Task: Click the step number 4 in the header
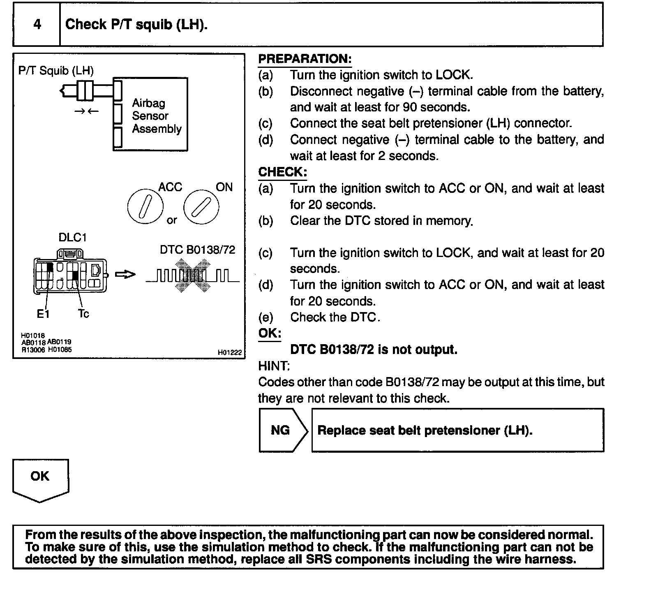pyautogui.click(x=37, y=24)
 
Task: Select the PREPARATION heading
pyautogui.click(x=305, y=59)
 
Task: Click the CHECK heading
pyautogui.click(x=282, y=172)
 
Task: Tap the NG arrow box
pyautogui.click(x=282, y=430)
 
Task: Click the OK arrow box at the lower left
pyautogui.click(x=40, y=479)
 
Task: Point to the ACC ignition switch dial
pyautogui.click(x=145, y=206)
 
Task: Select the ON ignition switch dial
pyautogui.click(x=201, y=206)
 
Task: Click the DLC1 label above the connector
pyautogui.click(x=73, y=238)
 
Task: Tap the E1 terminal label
pyautogui.click(x=43, y=314)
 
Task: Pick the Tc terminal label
pyautogui.click(x=83, y=314)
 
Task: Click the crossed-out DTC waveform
pyautogui.click(x=192, y=275)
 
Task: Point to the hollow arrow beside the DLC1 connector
pyautogui.click(x=125, y=275)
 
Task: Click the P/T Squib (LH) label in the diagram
pyautogui.click(x=56, y=71)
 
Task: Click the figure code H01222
pyautogui.click(x=230, y=352)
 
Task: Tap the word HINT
pyautogui.click(x=274, y=366)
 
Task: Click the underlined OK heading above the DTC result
pyautogui.click(x=270, y=333)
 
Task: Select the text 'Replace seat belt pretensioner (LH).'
pyautogui.click(x=425, y=430)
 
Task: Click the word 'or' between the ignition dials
pyautogui.click(x=172, y=220)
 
